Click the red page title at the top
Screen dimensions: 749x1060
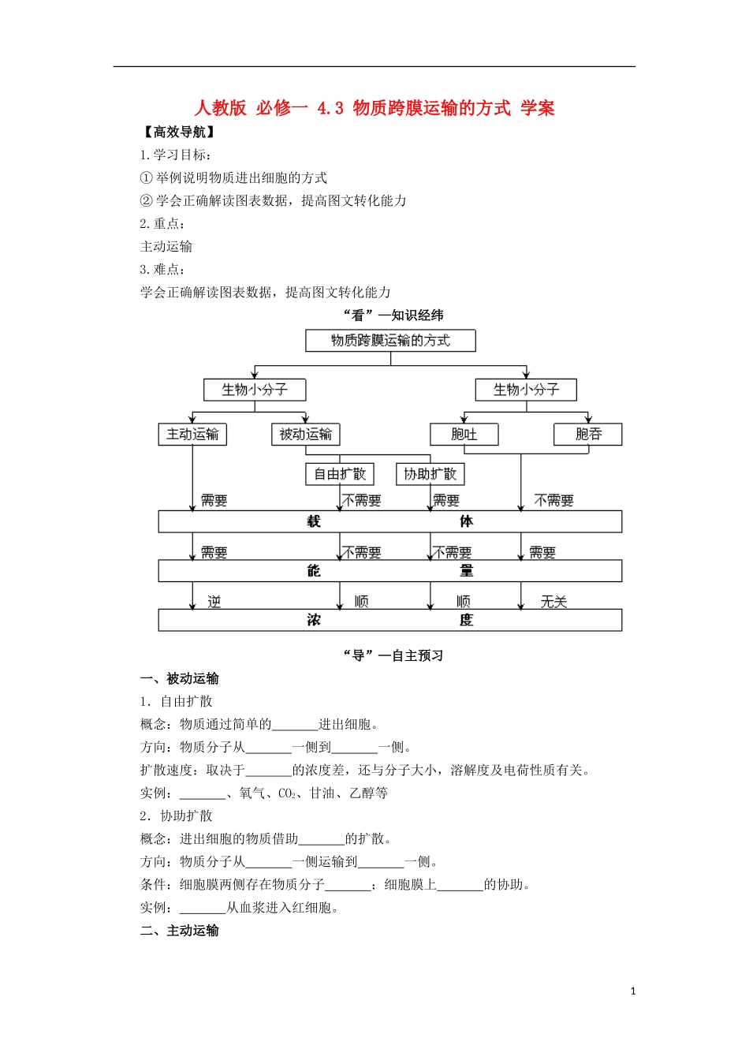point(374,108)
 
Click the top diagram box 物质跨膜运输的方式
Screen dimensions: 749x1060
point(390,341)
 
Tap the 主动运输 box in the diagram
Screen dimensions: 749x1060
point(192,435)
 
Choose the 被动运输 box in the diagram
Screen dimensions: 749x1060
point(306,435)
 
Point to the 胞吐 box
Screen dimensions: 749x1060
point(464,435)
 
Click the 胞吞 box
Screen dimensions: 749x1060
point(588,435)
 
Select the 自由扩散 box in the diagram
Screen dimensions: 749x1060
point(340,474)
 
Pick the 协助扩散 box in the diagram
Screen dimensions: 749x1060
point(430,474)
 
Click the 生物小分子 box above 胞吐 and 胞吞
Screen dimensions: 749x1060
point(526,390)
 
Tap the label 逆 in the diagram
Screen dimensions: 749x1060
point(214,602)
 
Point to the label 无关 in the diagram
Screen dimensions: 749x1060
point(553,602)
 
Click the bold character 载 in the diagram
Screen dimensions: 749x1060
point(314,521)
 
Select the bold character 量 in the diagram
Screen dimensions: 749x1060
point(467,571)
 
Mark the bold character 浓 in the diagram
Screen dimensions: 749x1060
point(314,621)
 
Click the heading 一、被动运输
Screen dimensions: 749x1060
point(180,679)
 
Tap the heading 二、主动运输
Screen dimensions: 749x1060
point(180,931)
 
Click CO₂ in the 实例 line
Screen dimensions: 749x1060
point(287,793)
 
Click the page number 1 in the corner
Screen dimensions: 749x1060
point(633,991)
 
